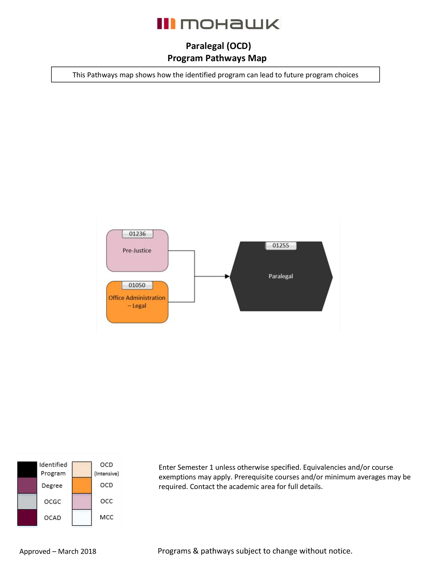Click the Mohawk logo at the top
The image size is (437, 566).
pos(218,24)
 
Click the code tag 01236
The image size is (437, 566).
pos(137,234)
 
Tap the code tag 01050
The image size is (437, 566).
pos(137,285)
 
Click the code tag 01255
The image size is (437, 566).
pos(280,245)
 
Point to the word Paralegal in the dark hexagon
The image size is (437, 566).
pos(280,276)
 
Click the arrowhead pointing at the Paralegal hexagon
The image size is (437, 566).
pos(227,276)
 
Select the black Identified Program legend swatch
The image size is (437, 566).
pos(27,469)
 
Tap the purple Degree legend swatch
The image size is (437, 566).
pos(27,485)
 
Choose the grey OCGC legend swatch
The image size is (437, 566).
pos(27,501)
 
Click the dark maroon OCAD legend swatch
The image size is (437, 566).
pos(27,517)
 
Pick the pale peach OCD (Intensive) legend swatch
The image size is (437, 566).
pos(82,469)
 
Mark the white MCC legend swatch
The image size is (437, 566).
pos(82,517)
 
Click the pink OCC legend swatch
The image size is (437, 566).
pos(82,501)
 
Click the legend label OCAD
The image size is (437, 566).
pos(52,518)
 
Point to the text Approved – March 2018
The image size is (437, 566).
pos(58,551)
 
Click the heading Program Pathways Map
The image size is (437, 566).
pos(217,58)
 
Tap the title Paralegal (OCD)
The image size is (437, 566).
pos(218,46)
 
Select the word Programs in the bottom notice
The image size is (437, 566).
pos(174,551)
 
